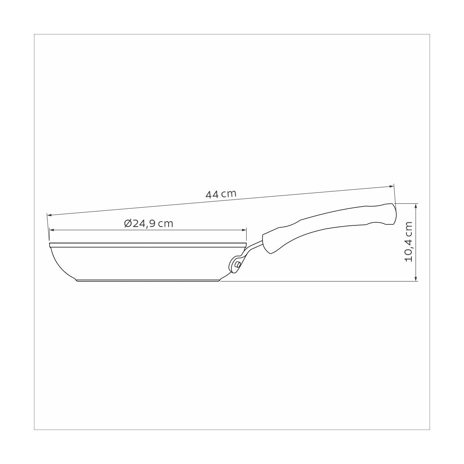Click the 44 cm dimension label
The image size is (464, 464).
(221, 194)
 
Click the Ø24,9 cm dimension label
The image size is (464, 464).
(149, 223)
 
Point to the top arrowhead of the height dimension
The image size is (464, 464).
(416, 205)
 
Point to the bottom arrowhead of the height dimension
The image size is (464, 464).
(416, 279)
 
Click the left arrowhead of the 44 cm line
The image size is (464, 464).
(48, 215)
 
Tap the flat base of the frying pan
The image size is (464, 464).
(149, 280)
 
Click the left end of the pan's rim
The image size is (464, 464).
(51, 245)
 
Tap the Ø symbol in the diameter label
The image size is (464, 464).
(128, 223)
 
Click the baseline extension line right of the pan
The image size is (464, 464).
(317, 281)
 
